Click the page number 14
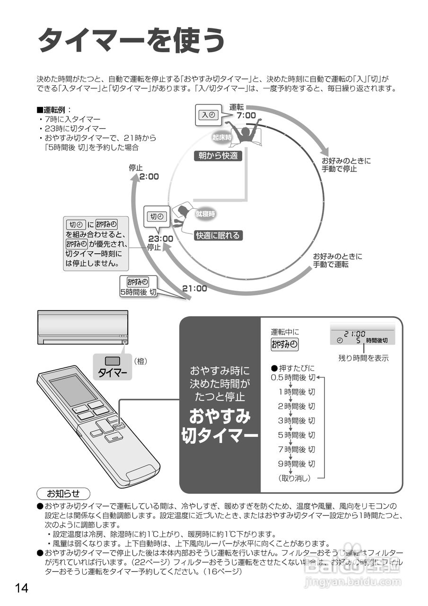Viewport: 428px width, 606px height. tap(22, 588)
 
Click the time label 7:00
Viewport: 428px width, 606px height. tap(246, 116)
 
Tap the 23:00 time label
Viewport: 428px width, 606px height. tap(160, 239)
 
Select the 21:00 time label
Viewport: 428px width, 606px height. tap(194, 288)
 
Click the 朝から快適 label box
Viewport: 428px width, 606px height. tap(218, 155)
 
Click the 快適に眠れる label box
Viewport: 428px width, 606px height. tap(218, 235)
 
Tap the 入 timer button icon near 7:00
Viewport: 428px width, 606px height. tap(208, 115)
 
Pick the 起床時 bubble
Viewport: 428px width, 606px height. tap(222, 137)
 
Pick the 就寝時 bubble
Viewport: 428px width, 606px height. tap(205, 214)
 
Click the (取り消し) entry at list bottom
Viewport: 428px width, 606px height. tap(294, 478)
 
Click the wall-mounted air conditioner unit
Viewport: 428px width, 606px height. tap(83, 327)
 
